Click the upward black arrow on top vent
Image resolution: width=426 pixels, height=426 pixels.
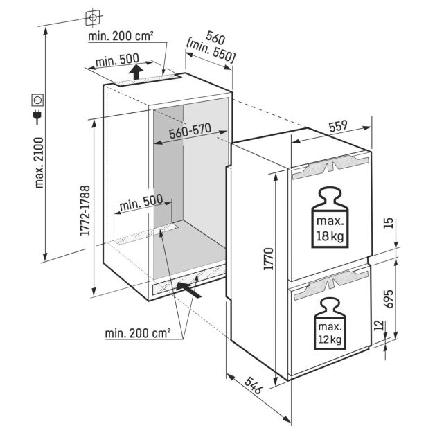click(139, 71)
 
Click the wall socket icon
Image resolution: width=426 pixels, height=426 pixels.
click(36, 100)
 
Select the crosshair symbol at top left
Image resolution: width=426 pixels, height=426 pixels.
click(93, 16)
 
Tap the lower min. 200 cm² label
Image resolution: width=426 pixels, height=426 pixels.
click(138, 334)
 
